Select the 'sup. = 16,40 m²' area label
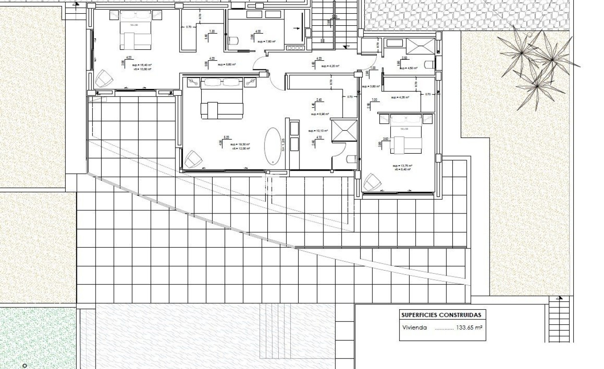pos(142,66)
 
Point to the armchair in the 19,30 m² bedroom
pos(193,159)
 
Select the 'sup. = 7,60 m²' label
pos(266,41)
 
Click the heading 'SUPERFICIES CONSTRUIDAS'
pos(441,315)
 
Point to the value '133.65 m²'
pos(469,328)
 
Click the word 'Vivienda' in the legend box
pos(414,328)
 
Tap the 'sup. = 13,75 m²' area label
pos(402,165)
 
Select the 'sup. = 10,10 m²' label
pos(318,131)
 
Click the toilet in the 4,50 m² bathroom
pos(430,64)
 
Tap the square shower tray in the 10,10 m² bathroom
pos(344,130)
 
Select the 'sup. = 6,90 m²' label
pos(320,114)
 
